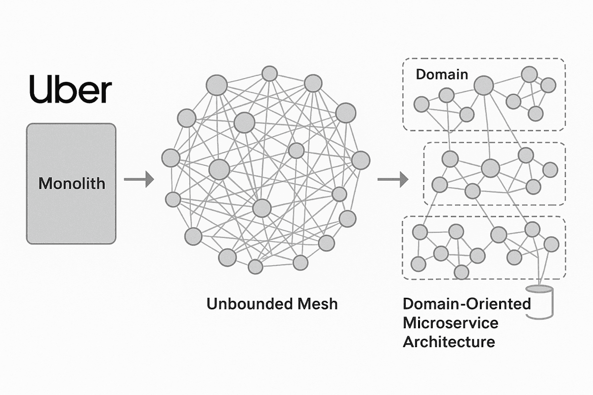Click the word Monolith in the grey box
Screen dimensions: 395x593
(72, 184)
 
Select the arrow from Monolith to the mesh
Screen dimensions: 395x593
(138, 180)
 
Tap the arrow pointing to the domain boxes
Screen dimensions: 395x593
(393, 180)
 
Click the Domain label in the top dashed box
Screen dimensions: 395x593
(441, 75)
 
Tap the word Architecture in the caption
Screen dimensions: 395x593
(449, 342)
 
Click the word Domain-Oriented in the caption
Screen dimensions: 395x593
(466, 304)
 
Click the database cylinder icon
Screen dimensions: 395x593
(542, 301)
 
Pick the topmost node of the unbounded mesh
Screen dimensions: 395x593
(269, 74)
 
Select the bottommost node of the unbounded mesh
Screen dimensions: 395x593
(255, 267)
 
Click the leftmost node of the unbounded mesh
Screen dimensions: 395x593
(171, 158)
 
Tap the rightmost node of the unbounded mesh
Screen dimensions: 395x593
(361, 160)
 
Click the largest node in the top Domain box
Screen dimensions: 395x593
(484, 86)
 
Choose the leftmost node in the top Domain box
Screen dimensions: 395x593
(421, 104)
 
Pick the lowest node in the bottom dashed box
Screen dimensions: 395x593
(461, 272)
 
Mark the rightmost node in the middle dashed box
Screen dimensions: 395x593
(550, 170)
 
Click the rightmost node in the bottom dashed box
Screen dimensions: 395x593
(551, 243)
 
